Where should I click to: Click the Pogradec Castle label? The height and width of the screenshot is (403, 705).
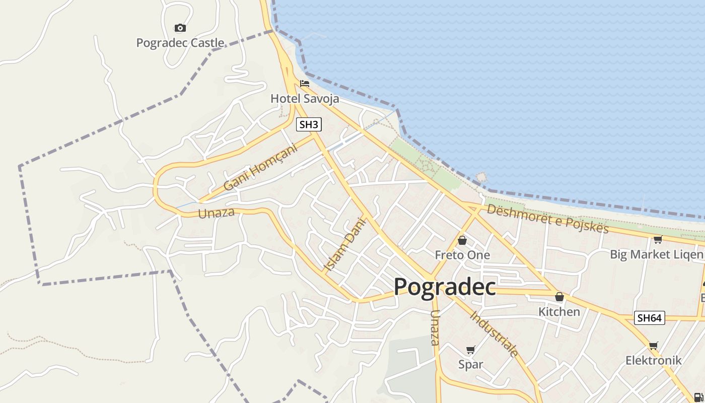(180, 43)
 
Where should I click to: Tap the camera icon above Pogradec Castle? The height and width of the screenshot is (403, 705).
(180, 28)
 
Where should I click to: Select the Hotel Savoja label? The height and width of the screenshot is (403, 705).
(305, 98)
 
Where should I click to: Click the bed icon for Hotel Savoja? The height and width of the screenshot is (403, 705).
(305, 83)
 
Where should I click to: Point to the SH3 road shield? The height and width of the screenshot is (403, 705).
(309, 124)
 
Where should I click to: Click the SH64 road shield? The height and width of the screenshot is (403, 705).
(650, 318)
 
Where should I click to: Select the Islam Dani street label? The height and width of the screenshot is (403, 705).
(345, 244)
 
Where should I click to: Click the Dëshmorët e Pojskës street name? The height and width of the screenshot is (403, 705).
(547, 218)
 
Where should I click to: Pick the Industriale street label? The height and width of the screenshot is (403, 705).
(494, 333)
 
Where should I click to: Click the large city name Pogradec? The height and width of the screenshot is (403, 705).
(445, 287)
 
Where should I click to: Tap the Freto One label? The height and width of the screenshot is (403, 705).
(462, 255)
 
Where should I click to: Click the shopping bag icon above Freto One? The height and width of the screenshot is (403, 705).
(462, 240)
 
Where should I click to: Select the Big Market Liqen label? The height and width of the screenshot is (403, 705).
(657, 254)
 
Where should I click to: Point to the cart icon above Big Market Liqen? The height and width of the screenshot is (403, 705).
(658, 239)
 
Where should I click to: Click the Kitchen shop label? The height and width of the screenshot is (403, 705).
(559, 312)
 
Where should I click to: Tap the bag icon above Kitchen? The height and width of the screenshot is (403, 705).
(559, 297)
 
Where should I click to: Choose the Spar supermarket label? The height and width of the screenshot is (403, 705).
(471, 364)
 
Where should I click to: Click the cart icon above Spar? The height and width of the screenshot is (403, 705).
(471, 350)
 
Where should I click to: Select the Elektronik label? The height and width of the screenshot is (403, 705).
(653, 360)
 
